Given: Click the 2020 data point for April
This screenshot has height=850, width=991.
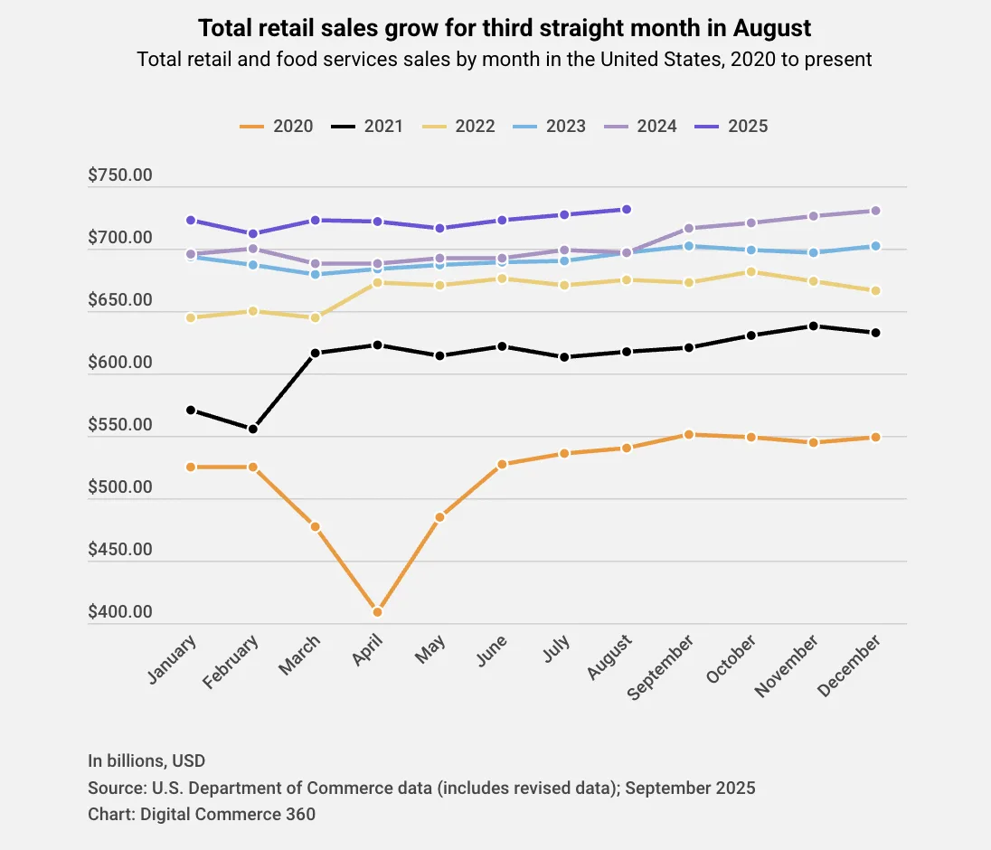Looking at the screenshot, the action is click(x=377, y=612).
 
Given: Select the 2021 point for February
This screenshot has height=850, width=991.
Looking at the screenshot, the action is click(x=253, y=430).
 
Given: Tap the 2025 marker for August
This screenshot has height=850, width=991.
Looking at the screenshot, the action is click(x=627, y=209).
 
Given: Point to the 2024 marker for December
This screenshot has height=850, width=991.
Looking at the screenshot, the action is click(x=875, y=211).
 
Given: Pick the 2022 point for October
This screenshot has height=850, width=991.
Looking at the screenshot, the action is click(x=750, y=272).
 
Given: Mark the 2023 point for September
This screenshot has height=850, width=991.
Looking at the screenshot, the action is click(x=689, y=246).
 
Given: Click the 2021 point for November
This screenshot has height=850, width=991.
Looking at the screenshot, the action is click(x=814, y=326).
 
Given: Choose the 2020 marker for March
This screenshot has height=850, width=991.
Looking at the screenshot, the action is click(x=316, y=526).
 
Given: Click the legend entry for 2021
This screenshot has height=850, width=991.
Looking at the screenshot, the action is click(x=367, y=127).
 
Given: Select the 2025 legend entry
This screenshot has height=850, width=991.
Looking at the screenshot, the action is click(x=731, y=127).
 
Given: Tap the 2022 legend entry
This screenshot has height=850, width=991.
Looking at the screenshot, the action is click(x=458, y=127).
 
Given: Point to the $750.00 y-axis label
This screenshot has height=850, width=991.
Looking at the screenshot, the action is click(x=120, y=175).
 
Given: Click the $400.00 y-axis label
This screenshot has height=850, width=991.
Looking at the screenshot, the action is click(x=120, y=612).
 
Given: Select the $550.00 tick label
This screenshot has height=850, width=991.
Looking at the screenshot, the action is click(x=120, y=425).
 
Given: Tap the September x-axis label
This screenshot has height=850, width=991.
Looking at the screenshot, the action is click(x=660, y=667).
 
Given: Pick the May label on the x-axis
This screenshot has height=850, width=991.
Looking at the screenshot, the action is click(x=430, y=649).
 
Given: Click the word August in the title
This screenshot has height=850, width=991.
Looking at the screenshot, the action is click(x=771, y=28).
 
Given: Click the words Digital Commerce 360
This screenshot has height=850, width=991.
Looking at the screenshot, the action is click(x=228, y=814).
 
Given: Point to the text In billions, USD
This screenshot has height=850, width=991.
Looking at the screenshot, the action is click(x=146, y=760).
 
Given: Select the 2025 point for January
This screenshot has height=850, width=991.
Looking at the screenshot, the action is click(x=191, y=220).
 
